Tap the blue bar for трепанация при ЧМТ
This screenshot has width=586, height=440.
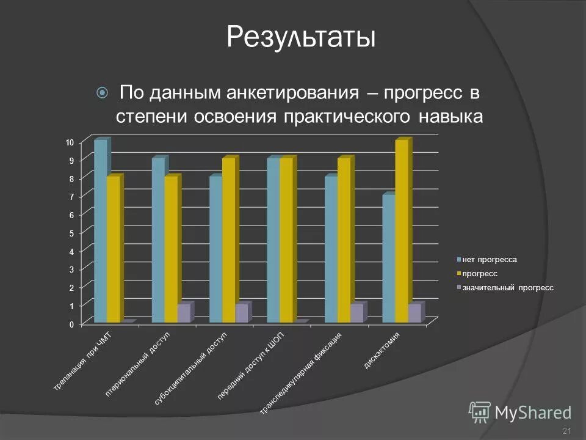point(101,231)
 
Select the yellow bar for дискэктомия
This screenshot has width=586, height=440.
point(401,231)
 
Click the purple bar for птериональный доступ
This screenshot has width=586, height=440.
point(183,313)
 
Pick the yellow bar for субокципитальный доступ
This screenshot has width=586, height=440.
point(228,240)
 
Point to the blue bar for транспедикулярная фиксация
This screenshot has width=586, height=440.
point(331,249)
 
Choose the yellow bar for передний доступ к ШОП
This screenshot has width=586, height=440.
point(286,240)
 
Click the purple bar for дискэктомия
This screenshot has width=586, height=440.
point(414,313)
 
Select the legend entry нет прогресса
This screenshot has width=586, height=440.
point(489,260)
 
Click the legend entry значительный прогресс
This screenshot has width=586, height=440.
point(507,287)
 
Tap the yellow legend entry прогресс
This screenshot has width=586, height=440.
point(479,273)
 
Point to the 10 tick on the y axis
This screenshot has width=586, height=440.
point(70,142)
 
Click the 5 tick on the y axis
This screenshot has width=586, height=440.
point(71,233)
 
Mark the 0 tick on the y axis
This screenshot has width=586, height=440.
point(71,324)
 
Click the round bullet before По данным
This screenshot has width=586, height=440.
point(103,93)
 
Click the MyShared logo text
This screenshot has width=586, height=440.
point(533,413)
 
